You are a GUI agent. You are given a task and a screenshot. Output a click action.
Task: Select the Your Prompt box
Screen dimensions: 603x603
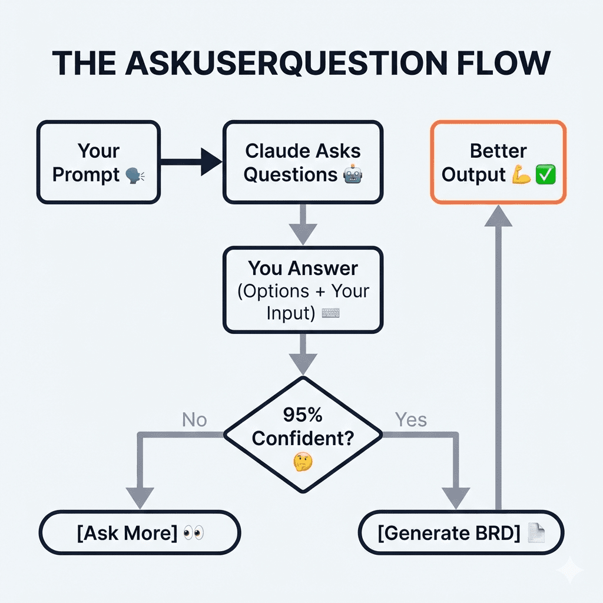click(x=98, y=163)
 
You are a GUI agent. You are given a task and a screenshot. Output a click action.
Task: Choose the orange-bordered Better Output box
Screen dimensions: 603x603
click(x=498, y=163)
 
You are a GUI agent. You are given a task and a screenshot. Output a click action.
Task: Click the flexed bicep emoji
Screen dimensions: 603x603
click(x=522, y=175)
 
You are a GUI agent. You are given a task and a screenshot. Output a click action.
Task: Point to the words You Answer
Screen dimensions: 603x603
click(x=303, y=269)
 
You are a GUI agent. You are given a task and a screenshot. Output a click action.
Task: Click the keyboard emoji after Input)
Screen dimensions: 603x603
click(x=330, y=313)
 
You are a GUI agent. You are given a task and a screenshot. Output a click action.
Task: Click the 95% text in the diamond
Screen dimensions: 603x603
click(x=303, y=415)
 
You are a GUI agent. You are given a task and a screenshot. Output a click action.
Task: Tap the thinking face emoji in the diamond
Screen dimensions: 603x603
click(x=303, y=461)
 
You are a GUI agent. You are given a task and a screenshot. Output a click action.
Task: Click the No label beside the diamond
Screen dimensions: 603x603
click(x=194, y=419)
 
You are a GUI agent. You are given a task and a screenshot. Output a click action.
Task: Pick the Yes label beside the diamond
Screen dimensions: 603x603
click(x=410, y=419)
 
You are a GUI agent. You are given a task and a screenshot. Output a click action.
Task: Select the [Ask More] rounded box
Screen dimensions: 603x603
click(x=140, y=533)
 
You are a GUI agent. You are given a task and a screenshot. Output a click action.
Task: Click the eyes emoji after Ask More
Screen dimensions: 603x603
click(x=194, y=534)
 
